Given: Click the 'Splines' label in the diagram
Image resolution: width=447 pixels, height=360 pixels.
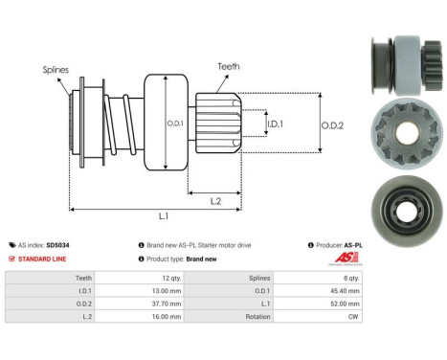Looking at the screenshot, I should pos(56,69).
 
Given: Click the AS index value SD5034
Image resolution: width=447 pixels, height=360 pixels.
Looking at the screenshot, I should pos(84,245).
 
